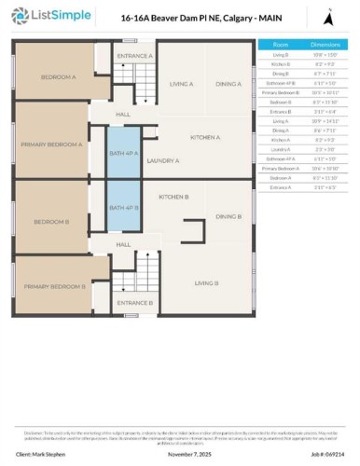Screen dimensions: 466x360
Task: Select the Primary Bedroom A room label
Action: [x=53, y=144]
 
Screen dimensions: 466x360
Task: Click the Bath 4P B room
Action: [x=123, y=206]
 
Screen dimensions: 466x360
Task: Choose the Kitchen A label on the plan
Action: [x=205, y=137]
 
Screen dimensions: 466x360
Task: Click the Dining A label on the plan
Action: [x=228, y=84]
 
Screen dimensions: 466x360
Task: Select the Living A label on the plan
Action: [x=181, y=84]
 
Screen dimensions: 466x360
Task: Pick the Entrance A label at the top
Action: [x=134, y=56]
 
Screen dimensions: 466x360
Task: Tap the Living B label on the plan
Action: [x=206, y=282]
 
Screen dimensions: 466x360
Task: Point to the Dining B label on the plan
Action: [x=228, y=216]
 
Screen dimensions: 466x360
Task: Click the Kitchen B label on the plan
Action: [x=174, y=197]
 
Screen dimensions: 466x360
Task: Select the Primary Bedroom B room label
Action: [x=54, y=286]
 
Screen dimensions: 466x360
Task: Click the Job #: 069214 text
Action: [x=320, y=454]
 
